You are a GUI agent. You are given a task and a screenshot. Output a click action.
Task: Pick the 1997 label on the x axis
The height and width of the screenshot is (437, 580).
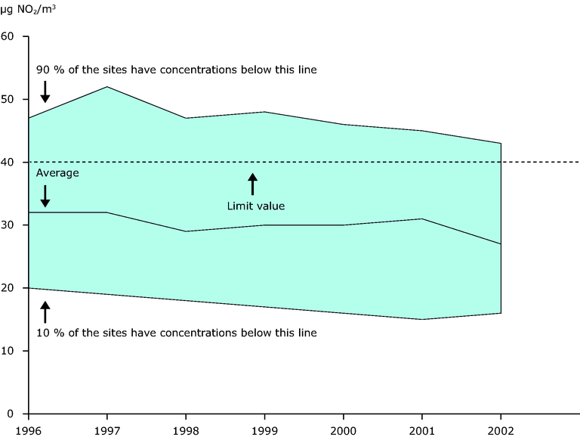coord(107,427)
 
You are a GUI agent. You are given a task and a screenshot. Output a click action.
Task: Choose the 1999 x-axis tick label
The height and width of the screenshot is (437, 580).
coord(265,427)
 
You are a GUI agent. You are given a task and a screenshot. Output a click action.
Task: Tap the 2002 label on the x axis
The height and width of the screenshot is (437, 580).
coord(501,427)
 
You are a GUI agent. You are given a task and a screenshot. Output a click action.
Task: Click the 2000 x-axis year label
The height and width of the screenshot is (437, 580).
coord(344,427)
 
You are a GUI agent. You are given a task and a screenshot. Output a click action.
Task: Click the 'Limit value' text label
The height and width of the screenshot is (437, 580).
coord(256,205)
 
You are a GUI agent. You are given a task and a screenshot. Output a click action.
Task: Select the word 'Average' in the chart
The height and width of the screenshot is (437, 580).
coord(57,173)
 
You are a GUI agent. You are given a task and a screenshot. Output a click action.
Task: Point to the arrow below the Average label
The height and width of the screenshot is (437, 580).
coord(45,195)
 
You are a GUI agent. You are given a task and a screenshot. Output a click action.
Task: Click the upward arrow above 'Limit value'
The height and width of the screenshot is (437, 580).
coord(253,184)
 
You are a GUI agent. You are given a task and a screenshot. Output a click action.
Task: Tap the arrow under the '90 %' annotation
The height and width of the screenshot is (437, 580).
coord(45,91)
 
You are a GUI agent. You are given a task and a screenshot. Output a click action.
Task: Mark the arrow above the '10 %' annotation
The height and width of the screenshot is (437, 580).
coord(45,311)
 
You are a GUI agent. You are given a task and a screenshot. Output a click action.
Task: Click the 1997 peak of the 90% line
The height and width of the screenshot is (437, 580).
coord(107,87)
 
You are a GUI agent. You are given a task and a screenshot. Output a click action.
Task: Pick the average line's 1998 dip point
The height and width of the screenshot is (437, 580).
coord(186,231)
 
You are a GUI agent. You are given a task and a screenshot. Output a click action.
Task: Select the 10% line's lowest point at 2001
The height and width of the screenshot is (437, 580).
coord(422,319)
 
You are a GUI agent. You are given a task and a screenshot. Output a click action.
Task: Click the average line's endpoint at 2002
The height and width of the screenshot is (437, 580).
coord(501,244)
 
